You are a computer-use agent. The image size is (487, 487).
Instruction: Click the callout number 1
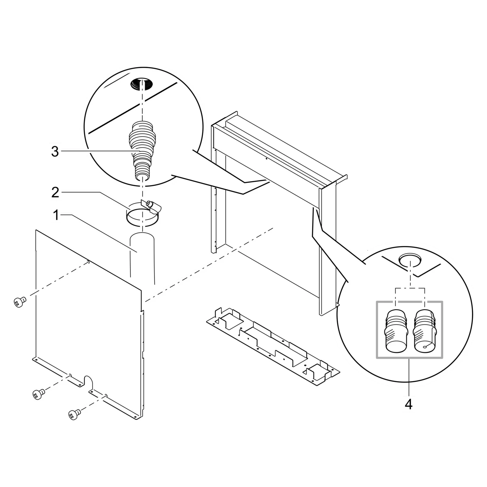tap(55, 215)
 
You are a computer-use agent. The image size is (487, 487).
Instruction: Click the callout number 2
tap(55, 192)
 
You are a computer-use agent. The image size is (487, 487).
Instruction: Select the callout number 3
tap(55, 151)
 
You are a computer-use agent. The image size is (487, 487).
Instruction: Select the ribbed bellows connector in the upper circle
tap(142, 151)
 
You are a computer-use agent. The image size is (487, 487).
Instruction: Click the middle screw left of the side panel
tap(38, 394)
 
